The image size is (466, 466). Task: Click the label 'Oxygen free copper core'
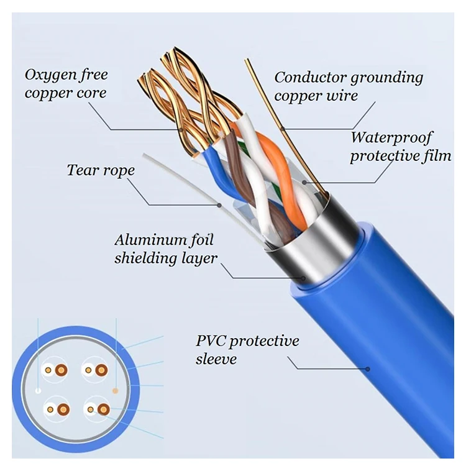pos(66,85)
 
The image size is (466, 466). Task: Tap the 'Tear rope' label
pos(101,170)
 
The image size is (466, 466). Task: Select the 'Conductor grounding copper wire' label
pos(349,86)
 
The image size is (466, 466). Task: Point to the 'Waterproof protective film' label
pos(400,146)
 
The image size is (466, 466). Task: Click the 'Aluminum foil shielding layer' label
pos(166,249)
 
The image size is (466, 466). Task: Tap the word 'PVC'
pos(209,341)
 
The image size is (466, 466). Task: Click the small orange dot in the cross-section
pos(115,390)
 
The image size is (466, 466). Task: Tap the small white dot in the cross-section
pos(39,391)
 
